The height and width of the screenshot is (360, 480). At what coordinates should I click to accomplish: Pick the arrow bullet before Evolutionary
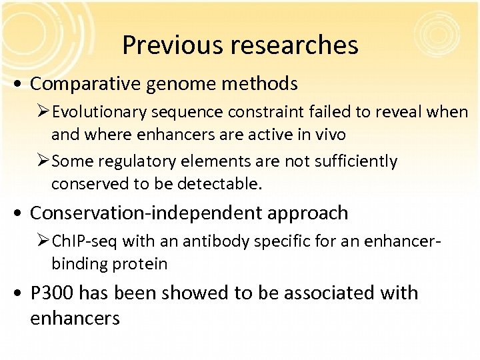[44, 112]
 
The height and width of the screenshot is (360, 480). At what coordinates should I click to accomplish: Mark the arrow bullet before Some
[44, 161]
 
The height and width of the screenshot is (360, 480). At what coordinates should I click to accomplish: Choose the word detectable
[219, 184]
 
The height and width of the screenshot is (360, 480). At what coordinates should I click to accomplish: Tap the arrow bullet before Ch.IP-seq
[44, 241]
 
